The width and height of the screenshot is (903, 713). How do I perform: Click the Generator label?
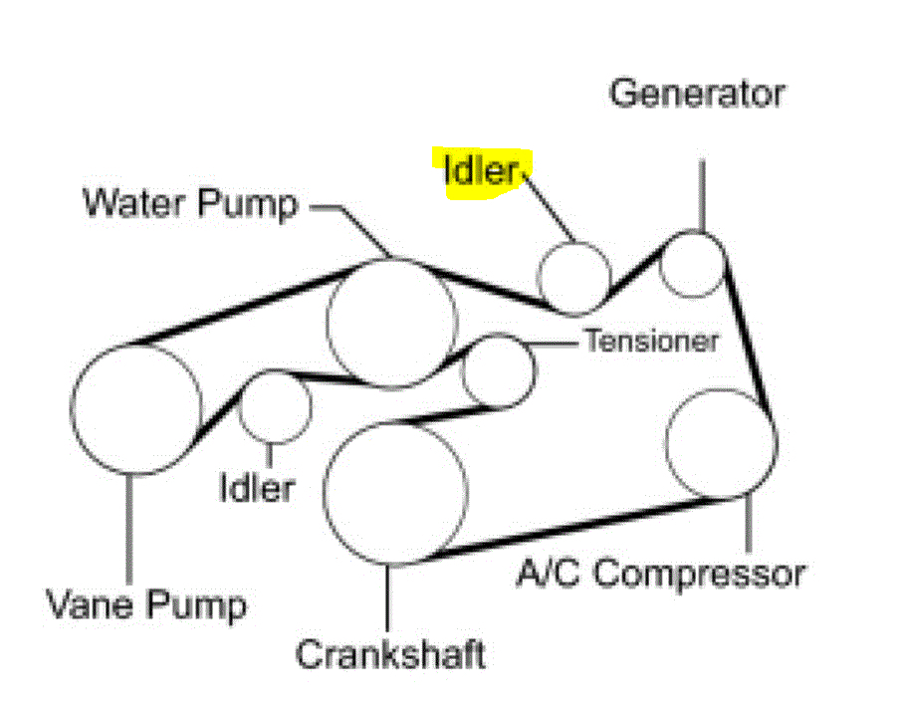click(697, 95)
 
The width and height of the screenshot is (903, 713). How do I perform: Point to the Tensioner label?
click(651, 341)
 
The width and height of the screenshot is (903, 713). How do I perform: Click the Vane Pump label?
click(146, 602)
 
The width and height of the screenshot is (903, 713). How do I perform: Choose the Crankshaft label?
click(390, 654)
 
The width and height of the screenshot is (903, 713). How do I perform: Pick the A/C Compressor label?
click(660, 575)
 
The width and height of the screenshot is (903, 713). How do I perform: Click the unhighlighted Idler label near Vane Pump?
click(257, 488)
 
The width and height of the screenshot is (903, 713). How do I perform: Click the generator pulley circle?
click(694, 264)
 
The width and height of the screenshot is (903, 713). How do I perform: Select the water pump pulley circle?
click(392, 323)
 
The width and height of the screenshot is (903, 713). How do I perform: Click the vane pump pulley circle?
click(136, 408)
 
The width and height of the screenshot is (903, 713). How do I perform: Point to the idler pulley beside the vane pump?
click(275, 407)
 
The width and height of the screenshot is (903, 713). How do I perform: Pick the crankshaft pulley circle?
click(395, 492)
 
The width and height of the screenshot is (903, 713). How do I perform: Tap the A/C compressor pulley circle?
click(721, 443)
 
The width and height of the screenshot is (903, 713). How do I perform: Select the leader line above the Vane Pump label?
click(128, 528)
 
